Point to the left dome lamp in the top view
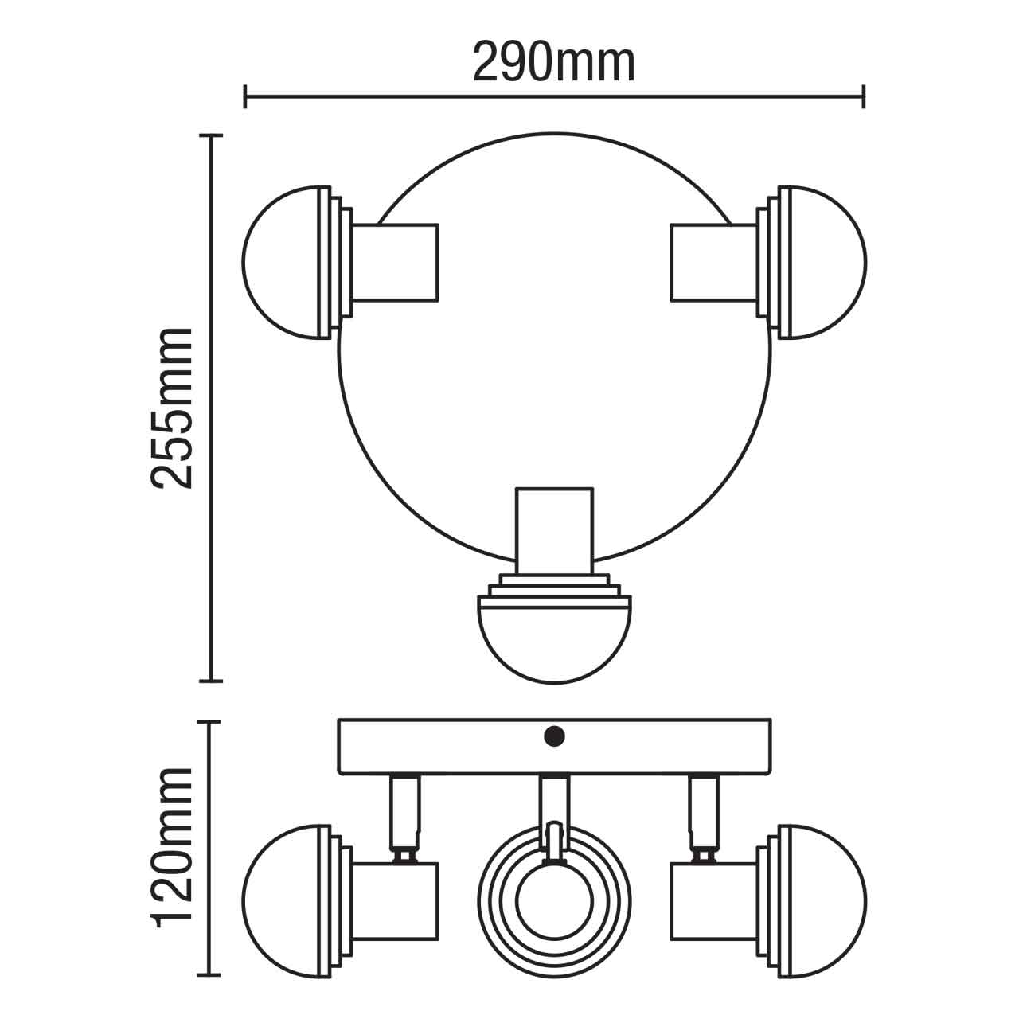pos(283,263)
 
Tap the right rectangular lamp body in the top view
pos(713,263)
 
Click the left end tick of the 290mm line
pos(245,98)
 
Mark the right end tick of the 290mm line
pos(864,98)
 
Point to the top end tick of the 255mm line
pos(210,136)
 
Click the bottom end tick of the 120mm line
pos(210,975)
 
